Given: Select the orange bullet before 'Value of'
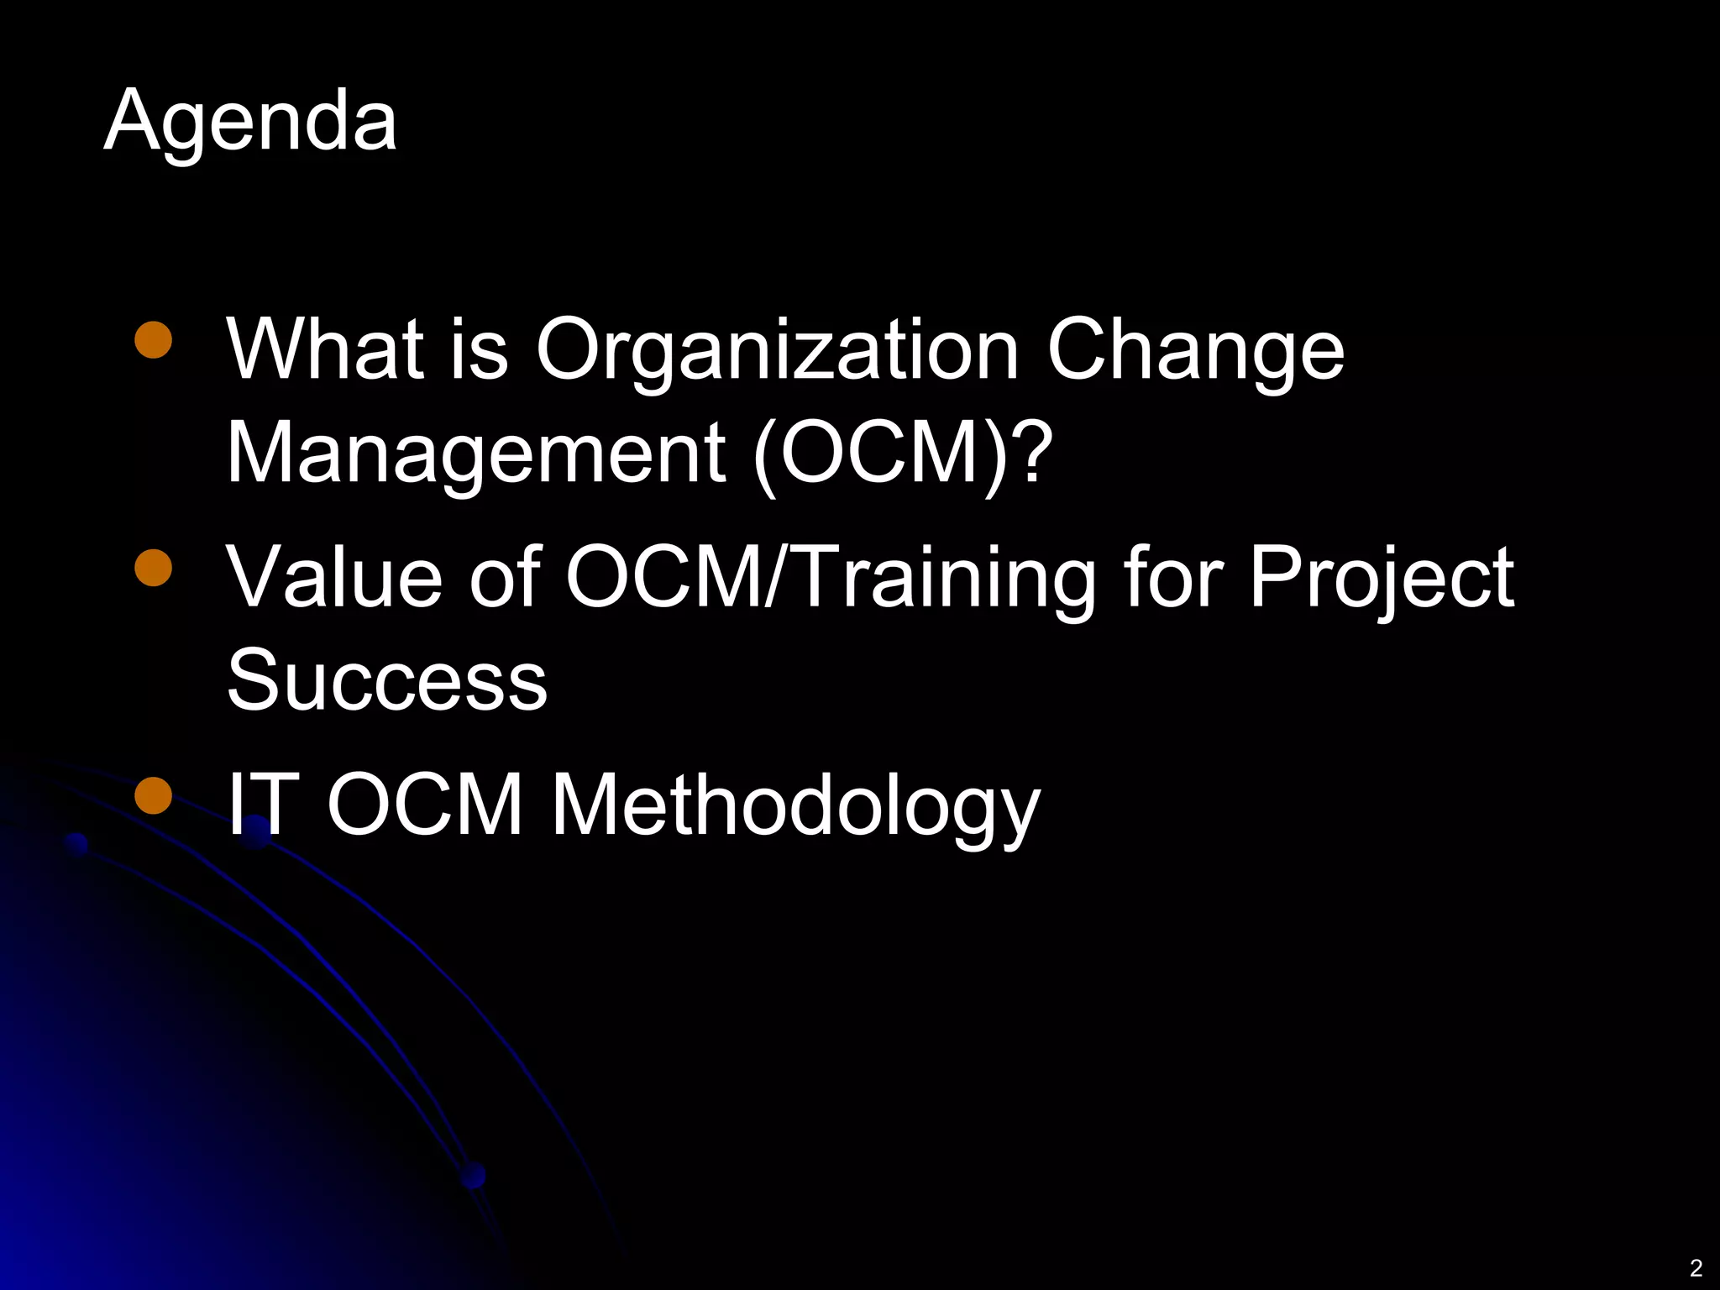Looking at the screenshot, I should (x=153, y=567).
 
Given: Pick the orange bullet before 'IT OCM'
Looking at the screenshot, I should (x=153, y=795).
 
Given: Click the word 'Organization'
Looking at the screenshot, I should (x=777, y=351).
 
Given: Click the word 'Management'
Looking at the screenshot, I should (x=475, y=454).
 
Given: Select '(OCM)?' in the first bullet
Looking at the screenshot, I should (x=902, y=454).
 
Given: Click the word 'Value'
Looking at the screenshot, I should (x=333, y=577).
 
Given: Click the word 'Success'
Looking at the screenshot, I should (x=386, y=680).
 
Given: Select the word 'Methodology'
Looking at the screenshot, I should (x=794, y=806).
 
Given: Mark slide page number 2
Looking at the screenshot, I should (x=1696, y=1267).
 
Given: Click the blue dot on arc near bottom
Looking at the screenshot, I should (x=474, y=1175).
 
